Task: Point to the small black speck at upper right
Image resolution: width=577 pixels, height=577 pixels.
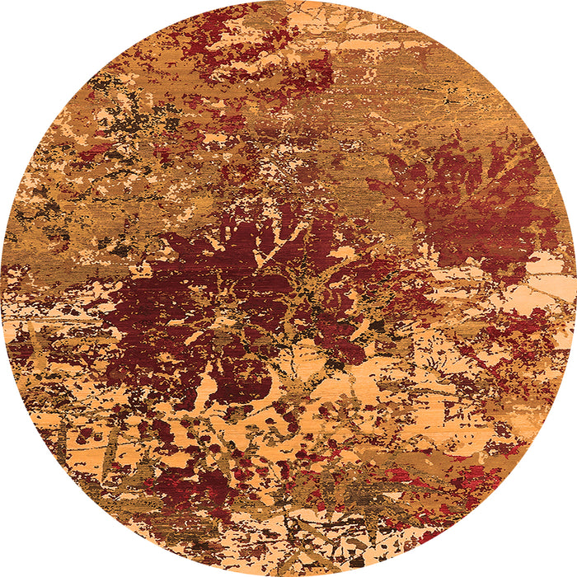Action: [449, 100]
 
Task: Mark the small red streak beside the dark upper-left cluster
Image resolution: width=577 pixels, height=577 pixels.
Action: [95, 151]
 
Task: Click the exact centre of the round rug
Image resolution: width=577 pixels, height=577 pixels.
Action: [288, 288]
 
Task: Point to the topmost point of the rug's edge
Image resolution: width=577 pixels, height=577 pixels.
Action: [288, 1]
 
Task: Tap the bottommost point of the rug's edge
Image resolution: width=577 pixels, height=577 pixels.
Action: [288, 575]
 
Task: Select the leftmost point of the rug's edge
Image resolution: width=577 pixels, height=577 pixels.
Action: [1, 288]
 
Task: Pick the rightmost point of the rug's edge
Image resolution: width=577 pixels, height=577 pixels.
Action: [575, 288]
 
